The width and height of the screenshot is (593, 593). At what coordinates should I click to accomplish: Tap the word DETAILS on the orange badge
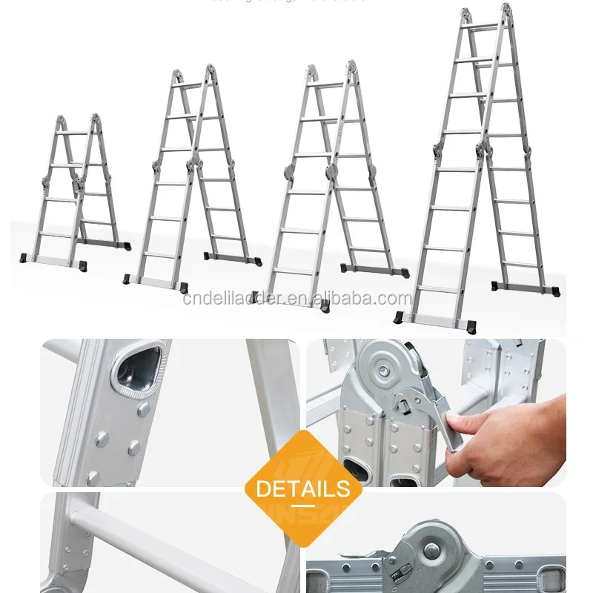tap(302, 488)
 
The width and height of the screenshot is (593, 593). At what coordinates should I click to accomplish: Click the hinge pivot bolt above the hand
tap(383, 367)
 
